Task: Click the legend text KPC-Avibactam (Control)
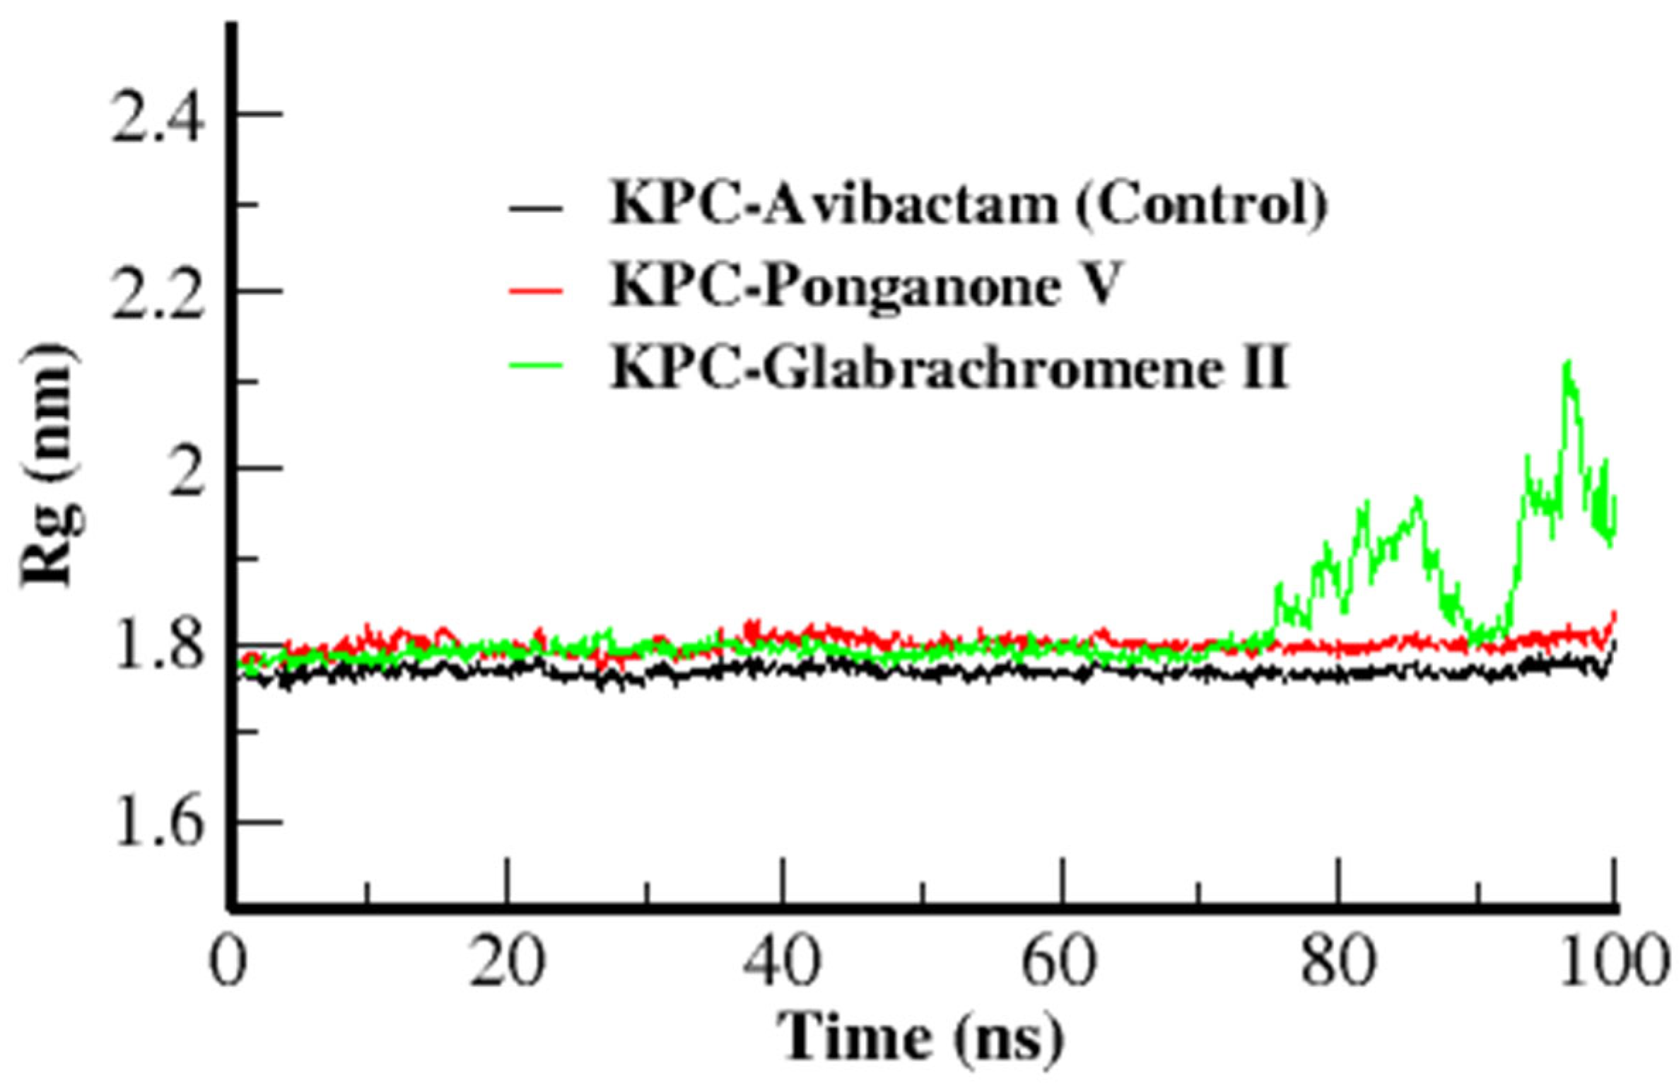click(969, 206)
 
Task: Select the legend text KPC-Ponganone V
click(866, 288)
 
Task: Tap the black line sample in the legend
click(535, 209)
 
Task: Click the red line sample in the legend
click(535, 290)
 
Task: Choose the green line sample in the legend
click(535, 365)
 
